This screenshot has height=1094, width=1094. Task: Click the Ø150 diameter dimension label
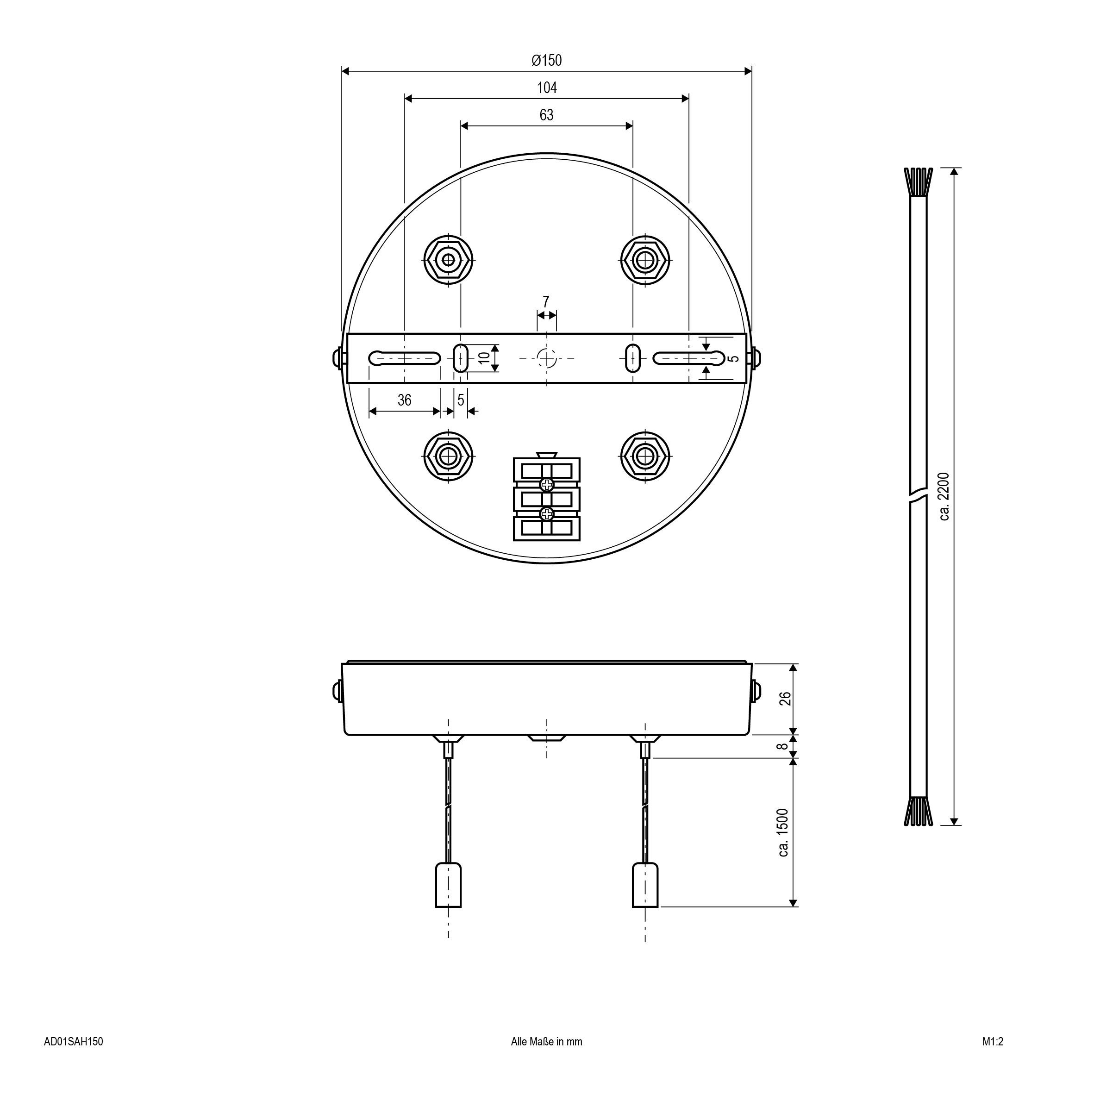tap(546, 60)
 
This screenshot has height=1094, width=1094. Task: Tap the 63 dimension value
tap(546, 115)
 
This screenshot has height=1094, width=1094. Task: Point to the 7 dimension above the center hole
tap(546, 302)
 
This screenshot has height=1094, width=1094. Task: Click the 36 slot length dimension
tap(404, 400)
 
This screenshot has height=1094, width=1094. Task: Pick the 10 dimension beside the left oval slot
tap(484, 358)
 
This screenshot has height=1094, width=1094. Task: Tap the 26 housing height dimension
tap(785, 699)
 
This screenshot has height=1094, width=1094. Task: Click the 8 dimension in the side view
tap(782, 746)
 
